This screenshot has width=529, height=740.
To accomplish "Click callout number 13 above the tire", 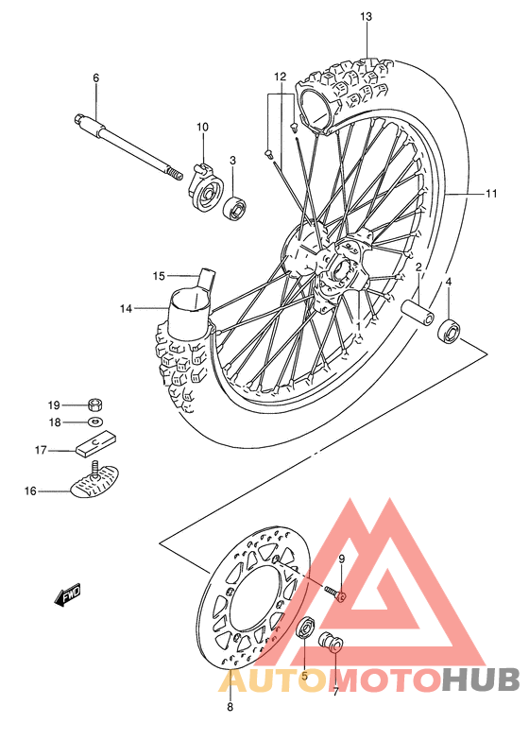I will [x=366, y=17].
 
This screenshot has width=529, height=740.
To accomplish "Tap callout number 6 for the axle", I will [x=95, y=77].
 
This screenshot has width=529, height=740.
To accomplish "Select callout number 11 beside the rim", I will [x=492, y=194].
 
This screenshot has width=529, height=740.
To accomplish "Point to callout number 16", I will [x=30, y=490].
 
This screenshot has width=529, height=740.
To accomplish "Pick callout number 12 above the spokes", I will [x=280, y=76].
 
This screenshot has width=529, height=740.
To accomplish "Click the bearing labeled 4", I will [x=450, y=330].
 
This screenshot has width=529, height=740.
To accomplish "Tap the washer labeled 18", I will [x=96, y=422].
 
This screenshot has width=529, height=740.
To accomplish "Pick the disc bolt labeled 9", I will [x=336, y=593].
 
